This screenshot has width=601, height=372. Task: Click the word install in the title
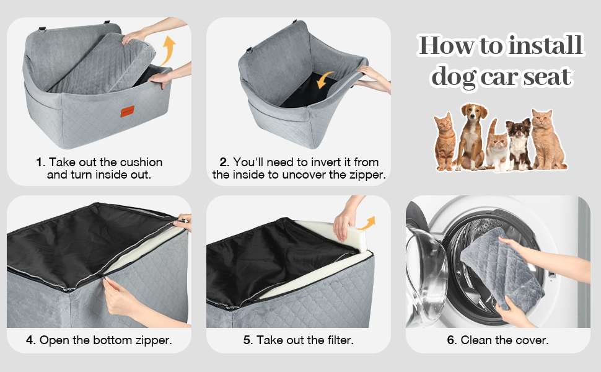tap(545, 46)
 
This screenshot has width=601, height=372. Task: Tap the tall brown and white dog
tap(472, 136)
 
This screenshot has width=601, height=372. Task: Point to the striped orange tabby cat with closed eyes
tap(445, 143)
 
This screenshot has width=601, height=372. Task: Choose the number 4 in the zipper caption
tap(30, 340)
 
